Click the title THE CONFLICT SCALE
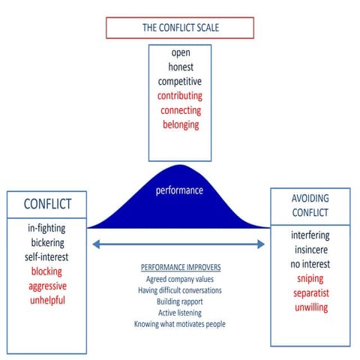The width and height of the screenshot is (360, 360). (x=179, y=27)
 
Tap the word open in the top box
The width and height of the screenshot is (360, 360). (x=180, y=53)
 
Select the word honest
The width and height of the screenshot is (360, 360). (x=180, y=67)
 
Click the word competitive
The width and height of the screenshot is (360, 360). (x=180, y=82)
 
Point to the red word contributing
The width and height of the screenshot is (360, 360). (x=180, y=96)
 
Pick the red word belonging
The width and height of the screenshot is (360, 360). (x=180, y=124)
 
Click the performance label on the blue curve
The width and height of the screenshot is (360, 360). (x=179, y=190)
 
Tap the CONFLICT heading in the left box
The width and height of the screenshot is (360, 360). (x=46, y=204)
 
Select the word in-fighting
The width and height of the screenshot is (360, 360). (x=46, y=229)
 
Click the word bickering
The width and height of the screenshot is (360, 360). (x=46, y=243)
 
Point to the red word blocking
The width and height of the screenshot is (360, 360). (x=46, y=271)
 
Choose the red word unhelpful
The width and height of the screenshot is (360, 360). (x=46, y=300)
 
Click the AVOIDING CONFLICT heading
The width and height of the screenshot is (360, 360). (x=310, y=206)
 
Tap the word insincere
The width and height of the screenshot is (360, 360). (x=310, y=250)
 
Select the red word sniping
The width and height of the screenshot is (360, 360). (x=310, y=278)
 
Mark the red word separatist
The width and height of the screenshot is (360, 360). (x=310, y=292)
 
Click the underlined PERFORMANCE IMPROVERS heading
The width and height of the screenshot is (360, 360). (x=179, y=268)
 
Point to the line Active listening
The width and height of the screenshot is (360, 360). (x=179, y=313)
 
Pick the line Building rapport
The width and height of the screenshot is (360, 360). (x=179, y=301)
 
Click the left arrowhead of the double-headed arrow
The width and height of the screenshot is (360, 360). (x=95, y=244)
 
